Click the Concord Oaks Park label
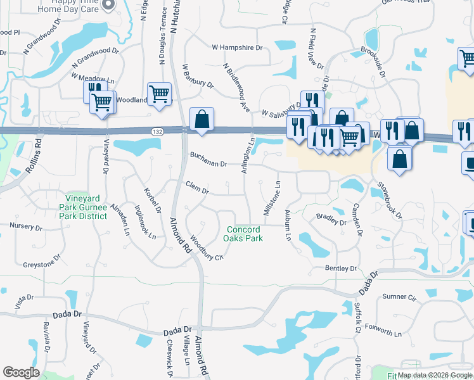tap(243, 234)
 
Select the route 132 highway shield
tap(158, 130)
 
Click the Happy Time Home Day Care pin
tap(108, 5)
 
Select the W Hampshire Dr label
tap(237, 47)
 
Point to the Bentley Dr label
tap(337, 269)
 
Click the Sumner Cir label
tap(398, 296)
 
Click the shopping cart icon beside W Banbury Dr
tap(159, 94)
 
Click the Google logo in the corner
tap(21, 372)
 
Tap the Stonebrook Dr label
tap(390, 201)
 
